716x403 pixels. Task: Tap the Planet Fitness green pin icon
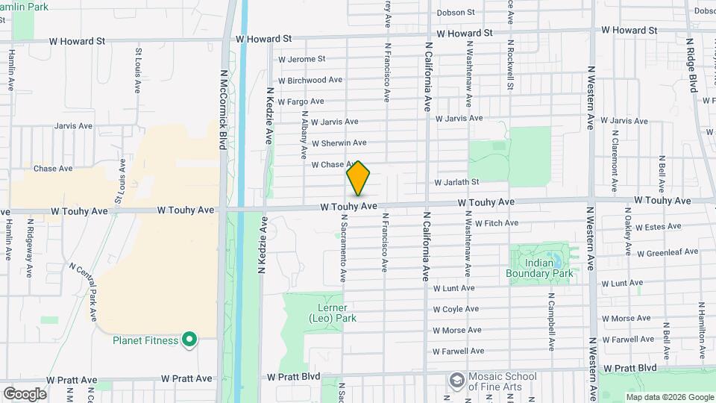pos(189,340)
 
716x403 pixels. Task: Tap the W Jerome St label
pos(301,59)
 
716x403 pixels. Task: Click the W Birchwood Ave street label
pos(310,80)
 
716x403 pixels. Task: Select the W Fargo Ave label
pos(301,101)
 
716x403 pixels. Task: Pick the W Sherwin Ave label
pos(339,143)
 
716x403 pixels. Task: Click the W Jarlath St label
pos(456,182)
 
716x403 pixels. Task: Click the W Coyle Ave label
pos(456,309)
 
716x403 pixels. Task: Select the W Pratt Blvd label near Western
pos(630,368)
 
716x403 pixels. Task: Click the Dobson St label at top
pos(456,13)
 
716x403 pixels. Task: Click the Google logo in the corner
pos(24,394)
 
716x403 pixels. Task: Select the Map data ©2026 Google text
pos(669,397)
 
